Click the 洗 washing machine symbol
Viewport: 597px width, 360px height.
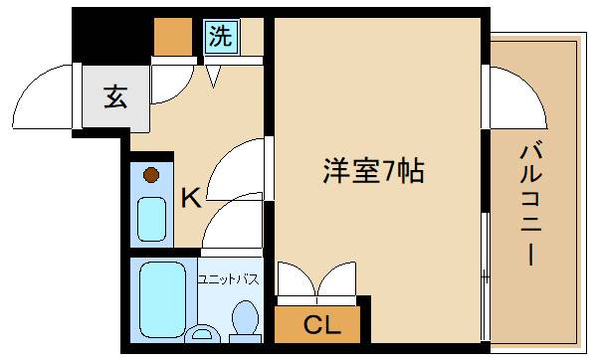[221, 38]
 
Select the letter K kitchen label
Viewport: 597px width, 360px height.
[190, 198]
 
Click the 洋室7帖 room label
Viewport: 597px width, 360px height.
[373, 171]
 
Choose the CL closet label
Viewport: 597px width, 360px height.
[321, 323]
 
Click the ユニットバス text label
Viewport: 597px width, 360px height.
[229, 279]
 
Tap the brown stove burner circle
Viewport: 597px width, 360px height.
[151, 176]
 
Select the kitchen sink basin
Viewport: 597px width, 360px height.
[152, 220]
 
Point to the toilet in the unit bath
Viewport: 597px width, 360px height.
[244, 319]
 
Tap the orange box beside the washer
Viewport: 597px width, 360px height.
[172, 36]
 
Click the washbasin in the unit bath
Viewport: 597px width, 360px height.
[205, 334]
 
